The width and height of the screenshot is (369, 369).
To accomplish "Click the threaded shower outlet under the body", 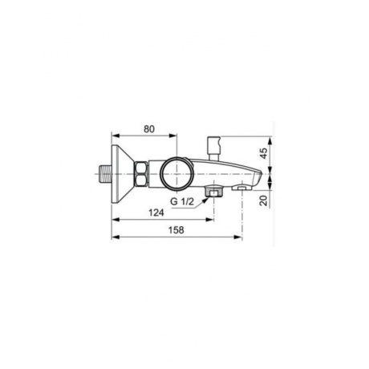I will (213, 192).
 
